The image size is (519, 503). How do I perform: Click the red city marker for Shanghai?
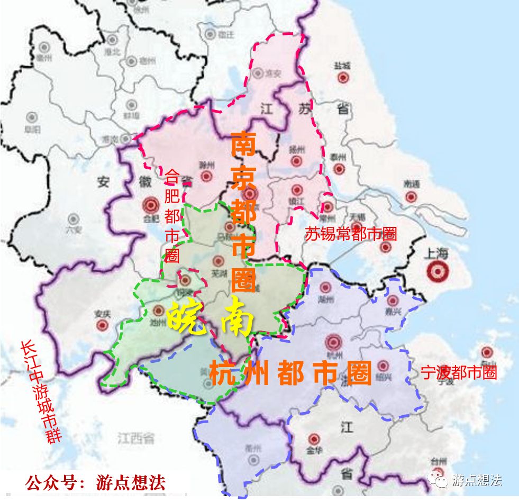(x=438, y=272)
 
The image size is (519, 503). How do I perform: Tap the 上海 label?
(x=435, y=254)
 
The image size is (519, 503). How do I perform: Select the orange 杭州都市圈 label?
(x=290, y=373)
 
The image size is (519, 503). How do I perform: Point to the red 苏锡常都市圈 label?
(x=350, y=234)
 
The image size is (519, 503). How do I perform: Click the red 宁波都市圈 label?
(x=459, y=372)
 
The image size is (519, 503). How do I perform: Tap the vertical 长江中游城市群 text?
(x=41, y=391)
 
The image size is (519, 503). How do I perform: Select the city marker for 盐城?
(x=342, y=78)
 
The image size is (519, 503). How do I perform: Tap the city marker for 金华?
(x=315, y=439)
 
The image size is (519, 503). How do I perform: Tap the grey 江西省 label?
(x=136, y=438)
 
